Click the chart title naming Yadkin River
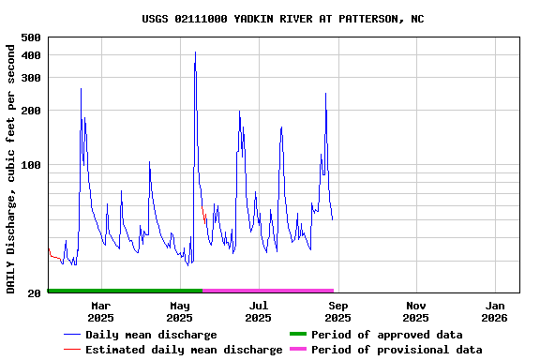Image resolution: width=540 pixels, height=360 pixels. click(282, 19)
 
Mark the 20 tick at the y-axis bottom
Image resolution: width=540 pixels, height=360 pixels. click(34, 293)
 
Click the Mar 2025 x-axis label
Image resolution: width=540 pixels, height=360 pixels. click(100, 311)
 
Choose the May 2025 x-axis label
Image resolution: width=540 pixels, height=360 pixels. click(179, 311)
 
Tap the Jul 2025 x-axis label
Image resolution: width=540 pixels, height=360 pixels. click(259, 311)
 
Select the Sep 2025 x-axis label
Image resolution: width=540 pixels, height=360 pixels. click(337, 311)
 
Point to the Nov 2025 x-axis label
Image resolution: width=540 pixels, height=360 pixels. click(416, 311)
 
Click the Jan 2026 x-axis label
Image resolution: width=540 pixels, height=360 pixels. click(496, 311)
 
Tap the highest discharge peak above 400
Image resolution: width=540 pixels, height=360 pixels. click(195, 52)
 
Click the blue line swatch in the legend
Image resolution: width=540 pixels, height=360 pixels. click(71, 335)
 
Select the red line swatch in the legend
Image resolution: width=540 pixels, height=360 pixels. click(71, 350)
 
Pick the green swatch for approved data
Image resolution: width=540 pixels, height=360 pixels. click(298, 335)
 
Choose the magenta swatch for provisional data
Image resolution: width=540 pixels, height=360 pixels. click(298, 350)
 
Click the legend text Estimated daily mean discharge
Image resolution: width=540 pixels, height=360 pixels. click(184, 350)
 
